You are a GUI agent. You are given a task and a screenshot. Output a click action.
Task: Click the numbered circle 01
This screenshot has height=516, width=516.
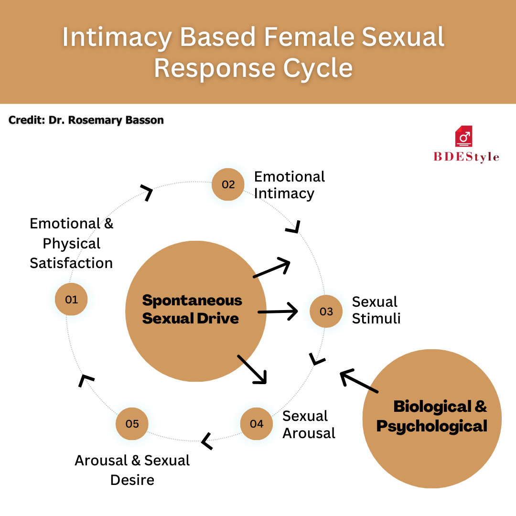coord(71,300)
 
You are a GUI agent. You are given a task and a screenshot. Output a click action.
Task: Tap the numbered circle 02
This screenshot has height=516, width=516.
coord(228,184)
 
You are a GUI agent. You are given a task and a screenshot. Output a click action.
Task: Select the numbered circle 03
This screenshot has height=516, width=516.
coord(326,312)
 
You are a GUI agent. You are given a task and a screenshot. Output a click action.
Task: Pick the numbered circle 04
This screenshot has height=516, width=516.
coord(256,423)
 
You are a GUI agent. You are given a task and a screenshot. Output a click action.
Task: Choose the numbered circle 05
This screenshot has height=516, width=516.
coord(132,423)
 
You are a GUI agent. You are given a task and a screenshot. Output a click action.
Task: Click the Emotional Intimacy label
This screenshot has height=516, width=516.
coord(289,185)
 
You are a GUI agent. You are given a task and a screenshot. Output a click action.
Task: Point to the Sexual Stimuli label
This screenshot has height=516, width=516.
coord(376,310)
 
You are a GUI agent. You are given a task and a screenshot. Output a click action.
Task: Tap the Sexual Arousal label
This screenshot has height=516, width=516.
coord(309,424)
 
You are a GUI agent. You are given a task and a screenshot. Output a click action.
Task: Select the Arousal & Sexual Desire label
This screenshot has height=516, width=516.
coord(132,470)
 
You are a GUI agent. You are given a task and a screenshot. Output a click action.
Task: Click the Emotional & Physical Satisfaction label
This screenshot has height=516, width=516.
coord(71,243)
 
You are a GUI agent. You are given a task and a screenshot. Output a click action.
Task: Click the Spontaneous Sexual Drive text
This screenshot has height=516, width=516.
coord(192,309)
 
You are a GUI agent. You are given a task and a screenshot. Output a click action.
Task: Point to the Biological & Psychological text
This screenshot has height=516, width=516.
coord(432,416)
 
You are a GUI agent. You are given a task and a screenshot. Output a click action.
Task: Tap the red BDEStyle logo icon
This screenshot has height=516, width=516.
coord(463,137)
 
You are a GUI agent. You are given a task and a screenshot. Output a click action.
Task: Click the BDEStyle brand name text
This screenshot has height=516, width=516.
coord(466,157)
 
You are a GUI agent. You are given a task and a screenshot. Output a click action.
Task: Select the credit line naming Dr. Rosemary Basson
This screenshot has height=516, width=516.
coord(86,120)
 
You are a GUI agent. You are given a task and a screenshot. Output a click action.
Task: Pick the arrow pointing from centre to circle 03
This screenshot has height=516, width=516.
coord(278,312)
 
